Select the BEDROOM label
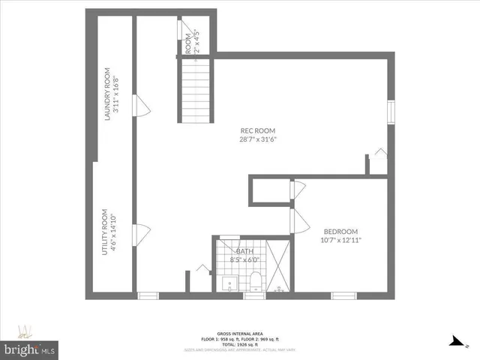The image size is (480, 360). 340,231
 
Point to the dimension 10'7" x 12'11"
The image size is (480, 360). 340,240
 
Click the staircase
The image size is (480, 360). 197,91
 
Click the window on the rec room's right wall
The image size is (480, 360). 390,111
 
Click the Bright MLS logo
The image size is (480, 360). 30,349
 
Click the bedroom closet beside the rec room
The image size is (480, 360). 269,190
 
